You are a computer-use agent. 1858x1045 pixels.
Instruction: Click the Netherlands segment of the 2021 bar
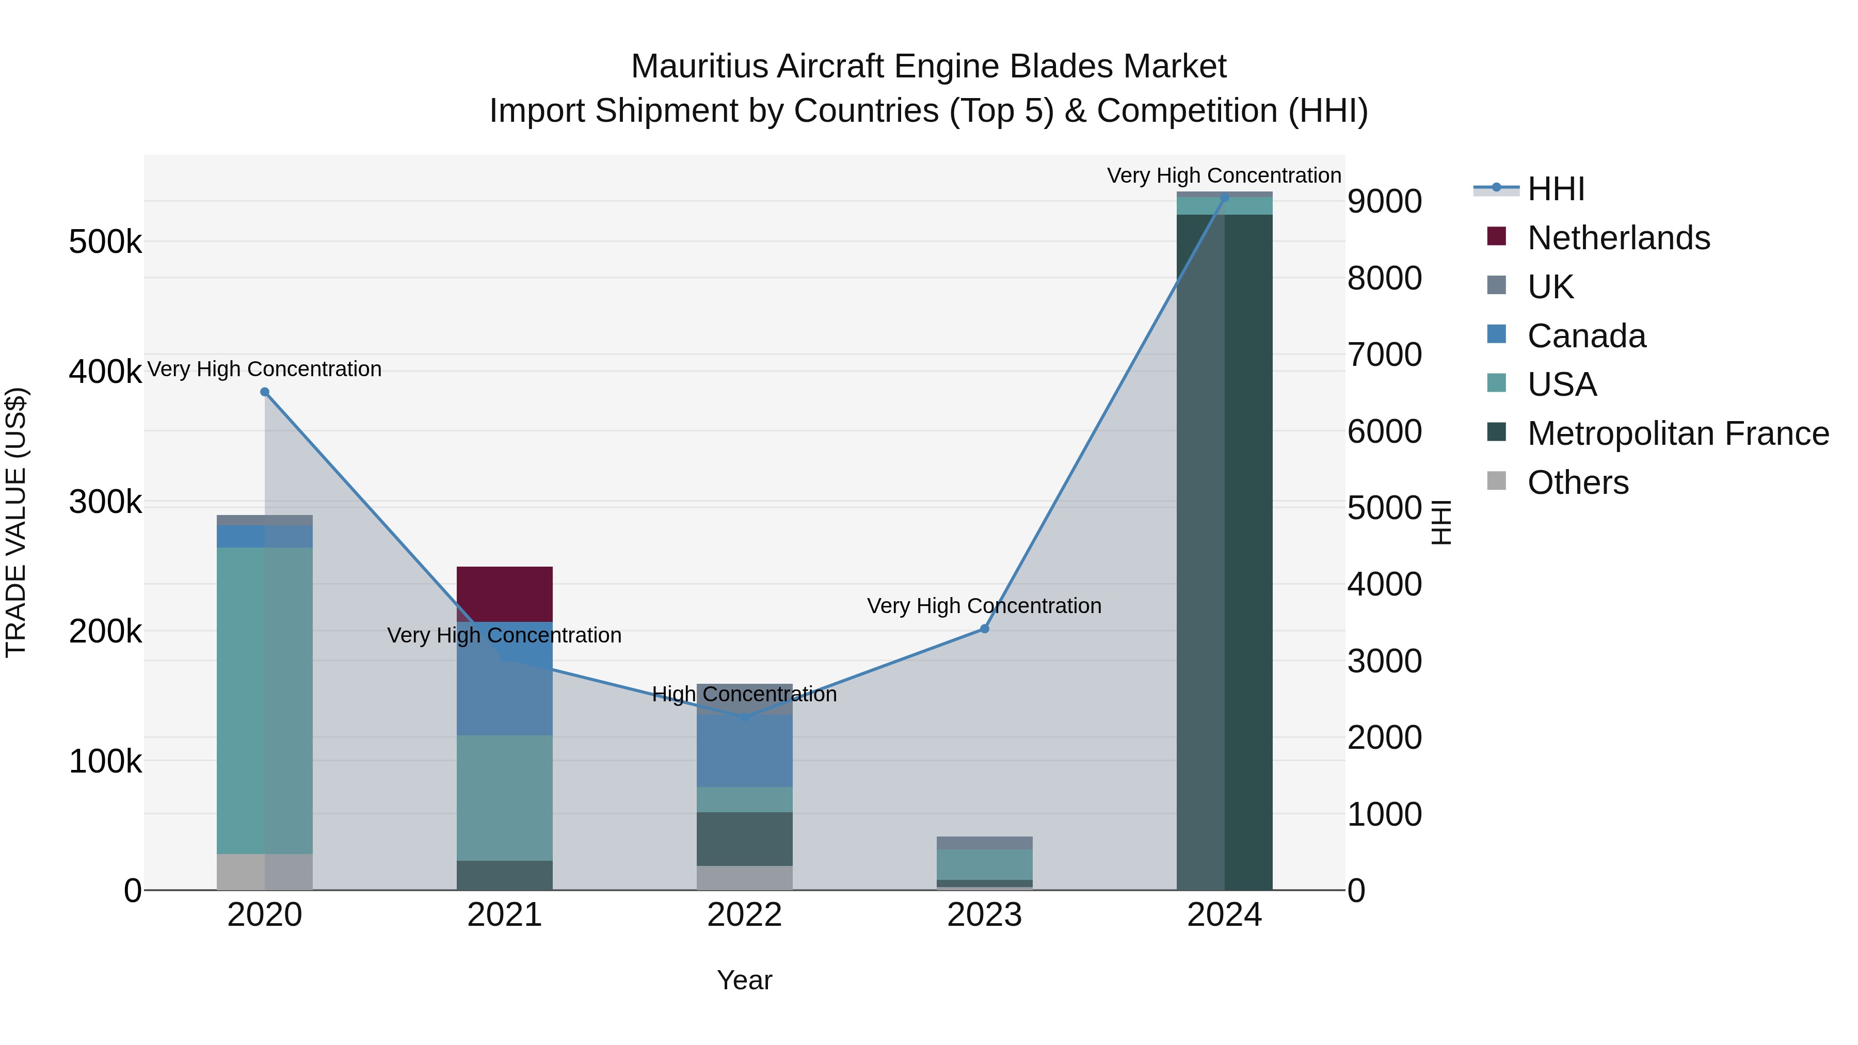pos(504,593)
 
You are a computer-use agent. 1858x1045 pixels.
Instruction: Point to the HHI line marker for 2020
pos(265,392)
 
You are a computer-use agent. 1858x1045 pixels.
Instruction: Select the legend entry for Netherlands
pos(1618,238)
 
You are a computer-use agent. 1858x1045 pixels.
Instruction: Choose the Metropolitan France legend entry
pos(1678,433)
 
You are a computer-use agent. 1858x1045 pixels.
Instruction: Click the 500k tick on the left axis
pos(105,243)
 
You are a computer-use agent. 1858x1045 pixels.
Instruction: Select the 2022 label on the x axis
pos(744,915)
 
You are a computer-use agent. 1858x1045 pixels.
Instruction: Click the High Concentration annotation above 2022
pos(744,695)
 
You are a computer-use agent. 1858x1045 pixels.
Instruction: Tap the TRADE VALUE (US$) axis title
pos(16,522)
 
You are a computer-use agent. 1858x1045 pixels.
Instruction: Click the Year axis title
pos(744,980)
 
